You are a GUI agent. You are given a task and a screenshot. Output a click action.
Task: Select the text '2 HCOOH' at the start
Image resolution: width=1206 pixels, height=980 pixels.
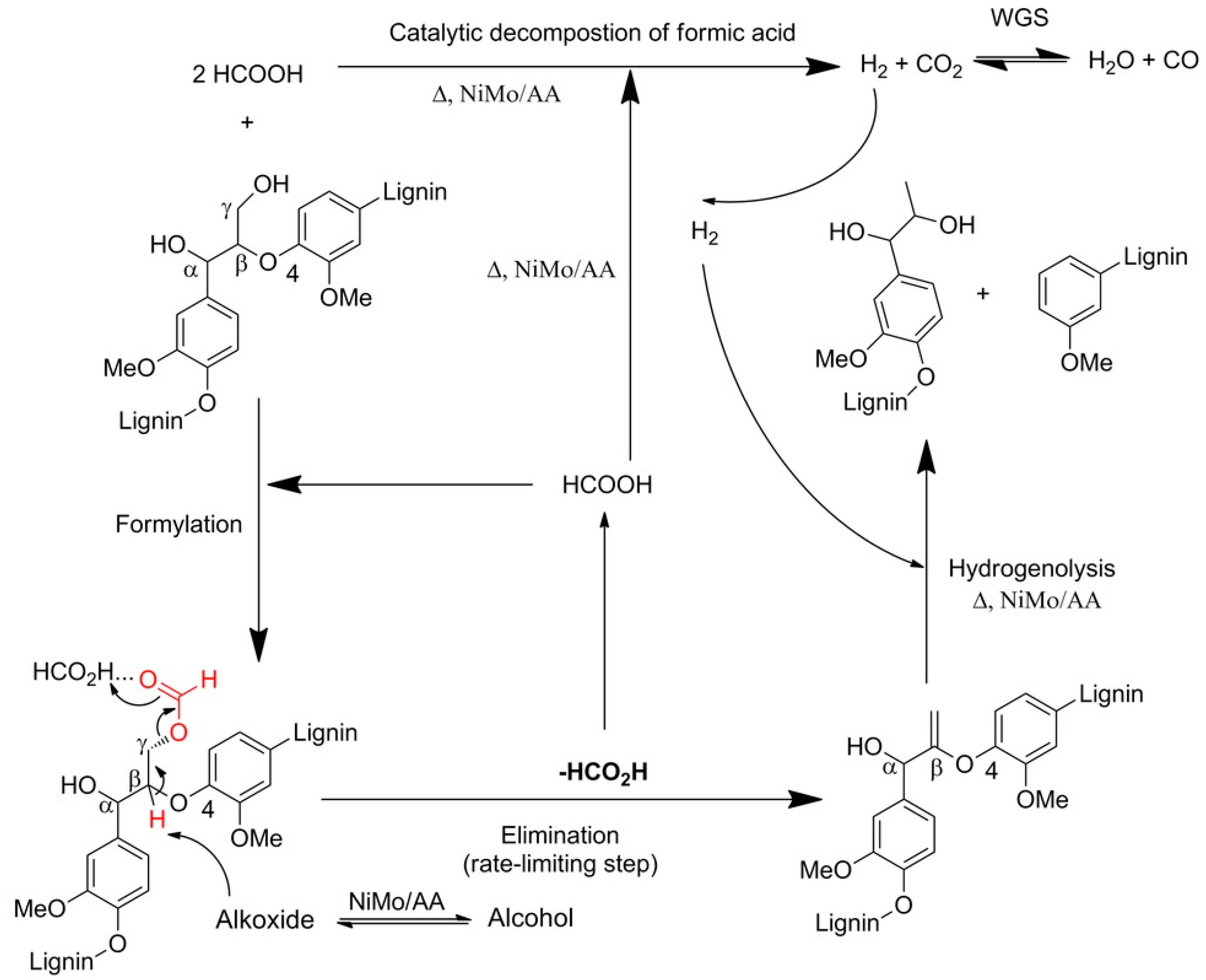(247, 74)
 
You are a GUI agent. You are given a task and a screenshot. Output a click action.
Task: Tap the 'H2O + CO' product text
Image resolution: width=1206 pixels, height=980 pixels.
(1143, 61)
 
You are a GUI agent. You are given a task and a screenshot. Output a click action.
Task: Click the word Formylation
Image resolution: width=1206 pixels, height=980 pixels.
(178, 524)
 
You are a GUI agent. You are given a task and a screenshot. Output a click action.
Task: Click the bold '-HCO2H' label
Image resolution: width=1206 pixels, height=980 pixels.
(603, 772)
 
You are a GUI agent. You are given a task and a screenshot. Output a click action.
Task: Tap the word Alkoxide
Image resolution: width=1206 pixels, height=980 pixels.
(265, 919)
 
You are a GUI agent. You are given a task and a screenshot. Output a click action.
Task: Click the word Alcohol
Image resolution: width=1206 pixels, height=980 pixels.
(530, 918)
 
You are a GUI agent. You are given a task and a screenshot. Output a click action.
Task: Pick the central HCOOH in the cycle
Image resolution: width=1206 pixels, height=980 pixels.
(607, 485)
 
